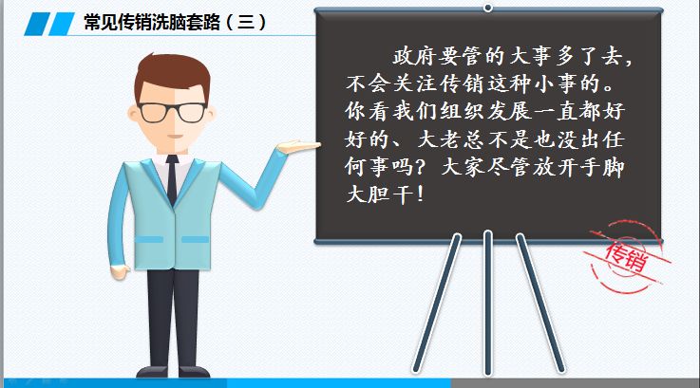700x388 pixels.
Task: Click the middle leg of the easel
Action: point(487,304)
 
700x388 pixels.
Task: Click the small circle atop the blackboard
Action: point(488,8)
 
